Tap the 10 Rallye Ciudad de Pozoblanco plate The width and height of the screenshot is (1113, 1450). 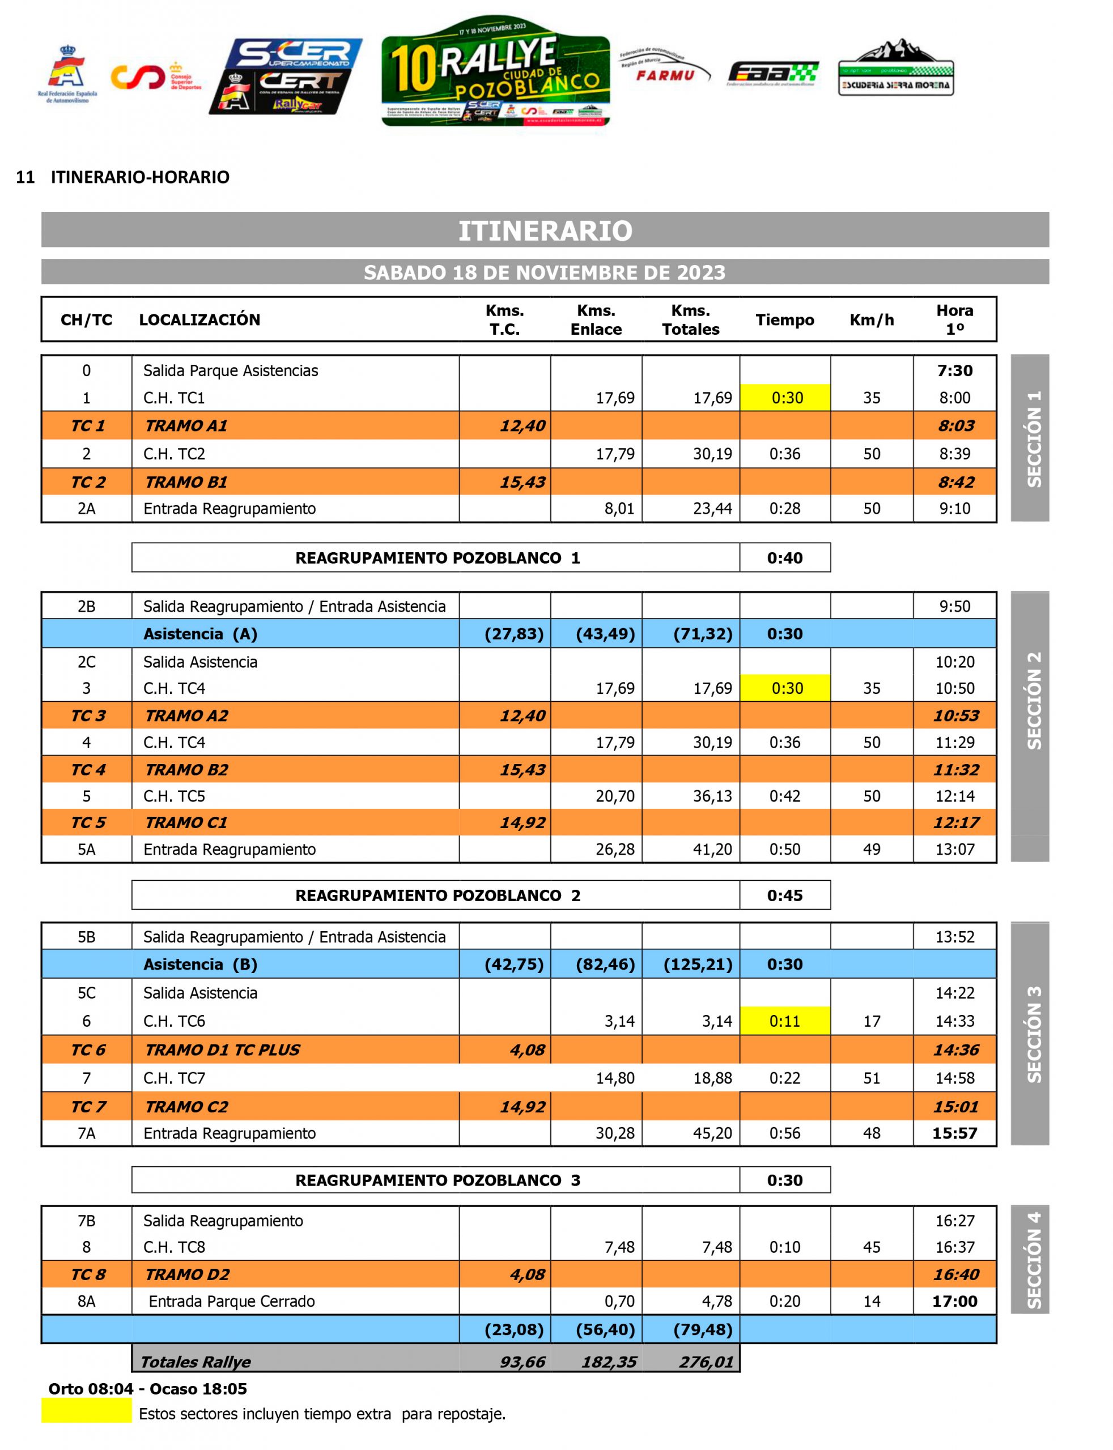[x=495, y=71]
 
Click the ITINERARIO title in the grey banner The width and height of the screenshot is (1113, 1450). [x=545, y=231]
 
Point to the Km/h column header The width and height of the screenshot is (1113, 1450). [x=871, y=320]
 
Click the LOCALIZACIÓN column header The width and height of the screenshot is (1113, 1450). [x=199, y=320]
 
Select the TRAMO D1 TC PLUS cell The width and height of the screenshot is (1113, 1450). [x=223, y=1050]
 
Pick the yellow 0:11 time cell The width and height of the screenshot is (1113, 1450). [x=784, y=1021]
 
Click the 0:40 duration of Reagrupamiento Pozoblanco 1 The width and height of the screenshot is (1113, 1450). [x=784, y=557]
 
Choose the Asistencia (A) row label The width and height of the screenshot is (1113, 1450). [x=200, y=634]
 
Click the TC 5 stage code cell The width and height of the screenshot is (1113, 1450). [x=88, y=822]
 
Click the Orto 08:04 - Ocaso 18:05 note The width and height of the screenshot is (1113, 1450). [x=147, y=1388]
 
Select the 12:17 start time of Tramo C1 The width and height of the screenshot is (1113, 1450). [x=955, y=822]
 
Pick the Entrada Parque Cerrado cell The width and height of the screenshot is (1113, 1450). [x=231, y=1301]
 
